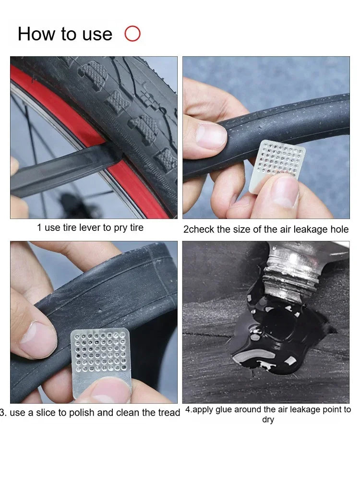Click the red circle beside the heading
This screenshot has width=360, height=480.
[132, 34]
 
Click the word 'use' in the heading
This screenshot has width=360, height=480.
[97, 34]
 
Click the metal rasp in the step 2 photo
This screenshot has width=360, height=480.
[277, 165]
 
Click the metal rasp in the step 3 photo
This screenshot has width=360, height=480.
[101, 361]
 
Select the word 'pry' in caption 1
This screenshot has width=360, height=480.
[120, 228]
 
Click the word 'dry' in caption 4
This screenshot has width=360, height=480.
[268, 420]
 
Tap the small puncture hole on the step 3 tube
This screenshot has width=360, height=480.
[99, 311]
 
